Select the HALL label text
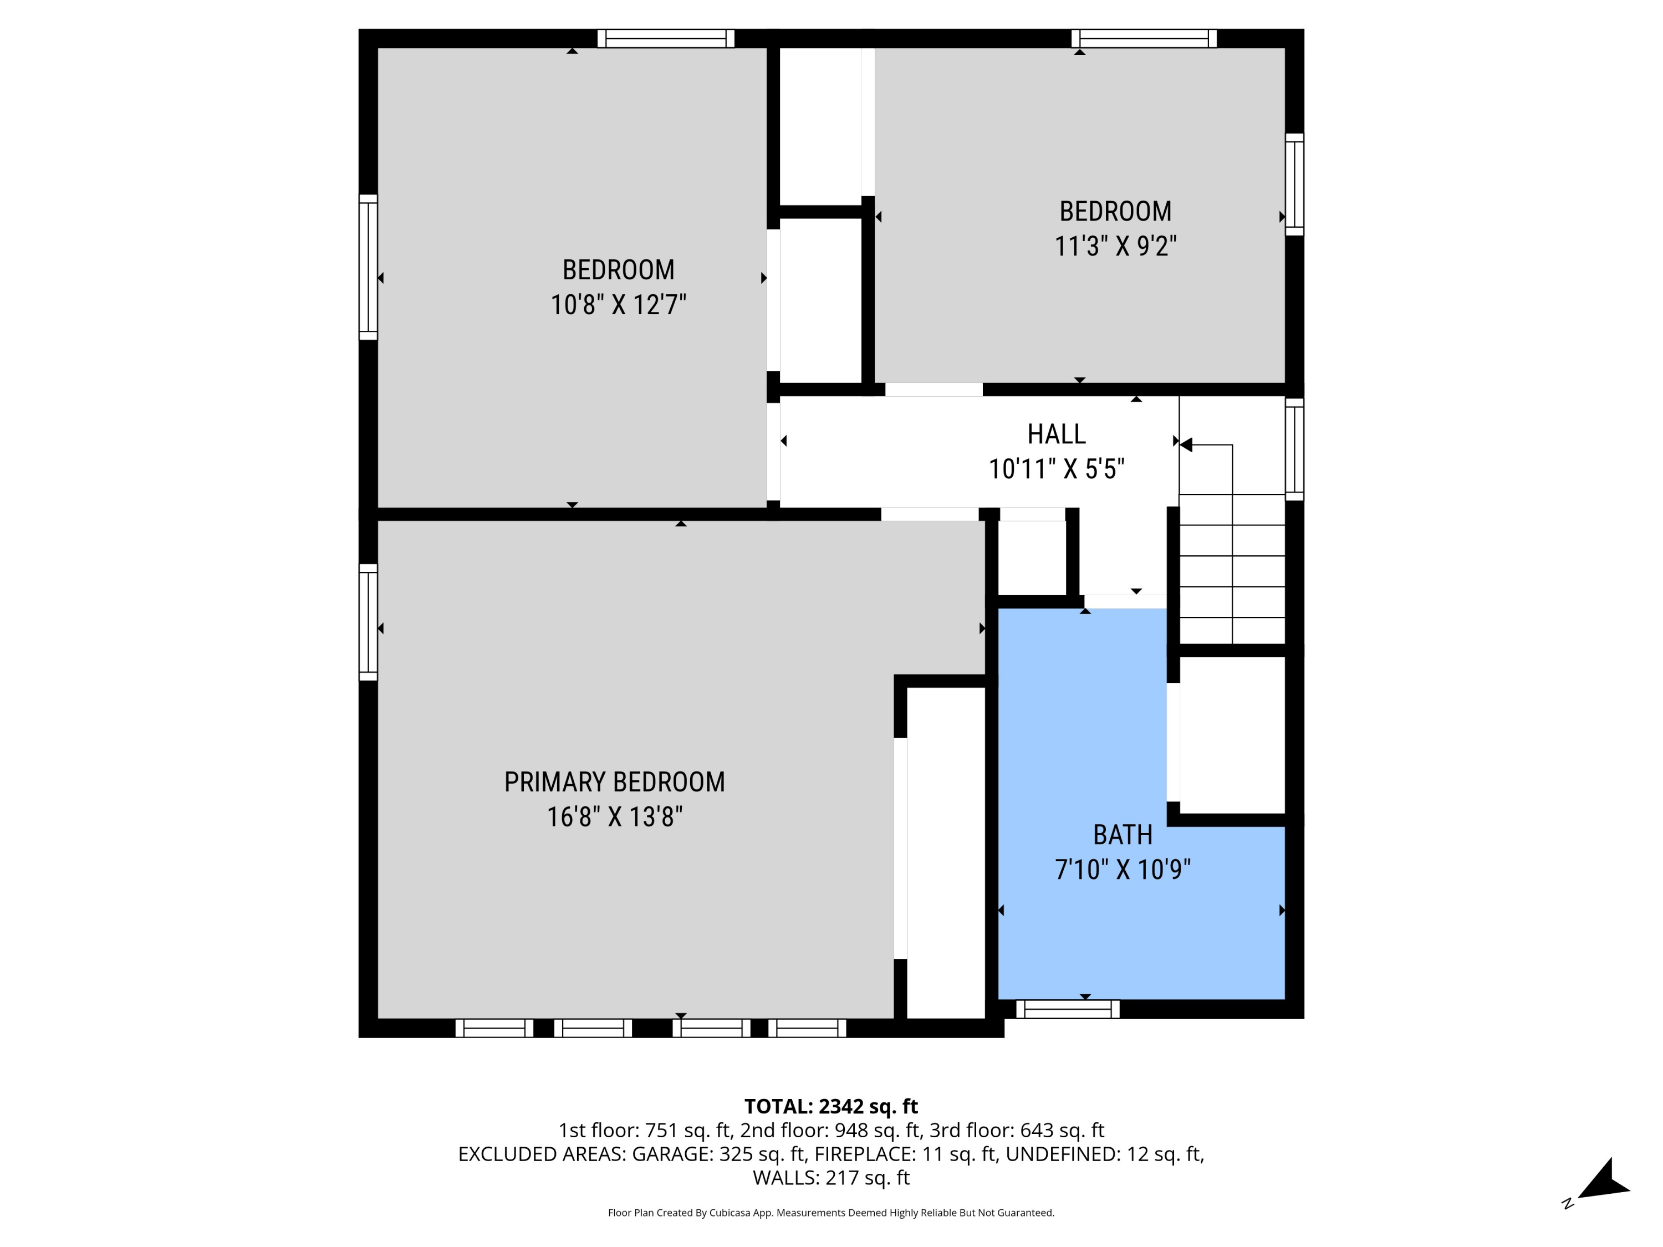1057,434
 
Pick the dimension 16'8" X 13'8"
614,817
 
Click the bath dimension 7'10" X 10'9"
1123,870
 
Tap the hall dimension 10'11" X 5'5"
1057,469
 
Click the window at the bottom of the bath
1068,1009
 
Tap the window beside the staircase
1294,449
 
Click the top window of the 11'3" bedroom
1144,38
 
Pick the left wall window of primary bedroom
368,622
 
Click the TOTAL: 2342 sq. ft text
831,1106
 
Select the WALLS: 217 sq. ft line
831,1178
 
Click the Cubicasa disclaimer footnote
831,1213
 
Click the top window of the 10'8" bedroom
665,38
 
